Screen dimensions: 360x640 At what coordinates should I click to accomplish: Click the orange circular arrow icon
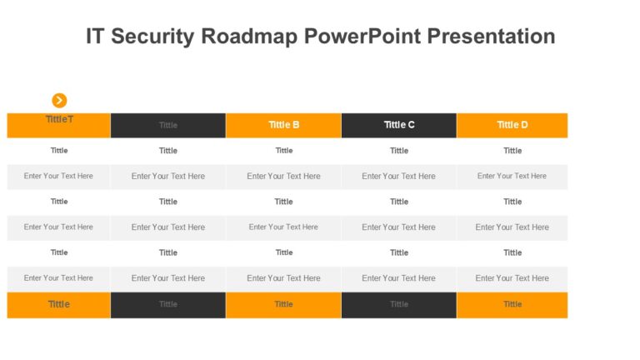[x=59, y=100]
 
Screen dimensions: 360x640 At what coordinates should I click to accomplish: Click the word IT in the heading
[x=96, y=37]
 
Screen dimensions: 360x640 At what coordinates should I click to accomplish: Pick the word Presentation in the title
[x=491, y=37]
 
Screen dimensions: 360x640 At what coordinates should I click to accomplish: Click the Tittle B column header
[x=283, y=125]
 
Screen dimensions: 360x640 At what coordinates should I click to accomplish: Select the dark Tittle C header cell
[x=399, y=125]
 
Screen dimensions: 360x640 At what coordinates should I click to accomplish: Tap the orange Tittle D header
[x=512, y=125]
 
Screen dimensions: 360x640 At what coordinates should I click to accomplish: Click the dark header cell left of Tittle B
[x=168, y=125]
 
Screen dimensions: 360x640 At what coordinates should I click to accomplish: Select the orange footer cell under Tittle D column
[x=512, y=305]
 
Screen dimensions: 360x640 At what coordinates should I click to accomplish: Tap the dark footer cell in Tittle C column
[x=399, y=305]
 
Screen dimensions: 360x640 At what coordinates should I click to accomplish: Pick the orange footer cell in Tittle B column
[x=283, y=305]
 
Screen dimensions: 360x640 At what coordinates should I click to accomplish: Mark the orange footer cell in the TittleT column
[x=59, y=305]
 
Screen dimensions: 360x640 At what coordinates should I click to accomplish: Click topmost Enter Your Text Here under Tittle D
[x=512, y=176]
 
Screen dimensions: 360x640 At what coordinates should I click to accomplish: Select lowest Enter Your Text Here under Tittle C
[x=399, y=278]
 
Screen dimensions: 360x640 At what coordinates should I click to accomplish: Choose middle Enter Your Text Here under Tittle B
[x=283, y=227]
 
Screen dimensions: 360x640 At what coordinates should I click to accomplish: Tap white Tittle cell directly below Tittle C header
[x=399, y=151]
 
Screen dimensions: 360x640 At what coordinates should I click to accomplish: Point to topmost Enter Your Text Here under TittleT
[x=59, y=176]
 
